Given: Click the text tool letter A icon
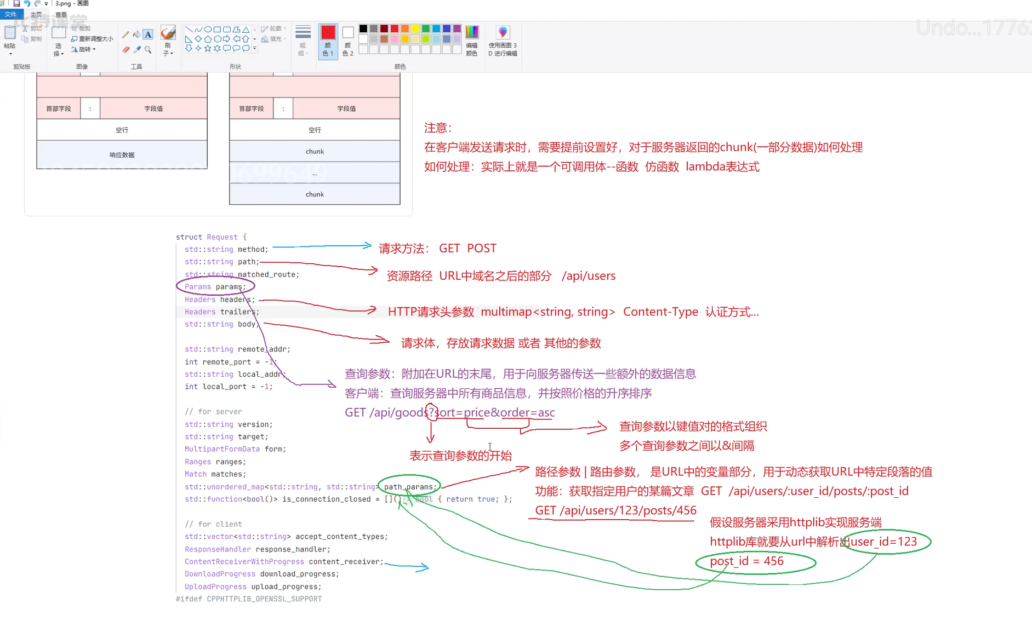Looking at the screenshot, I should (x=148, y=34).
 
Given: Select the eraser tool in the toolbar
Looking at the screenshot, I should (x=126, y=50).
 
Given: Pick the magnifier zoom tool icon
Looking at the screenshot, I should (x=148, y=50).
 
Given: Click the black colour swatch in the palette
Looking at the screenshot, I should (x=363, y=29).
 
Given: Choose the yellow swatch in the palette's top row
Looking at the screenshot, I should (x=415, y=29).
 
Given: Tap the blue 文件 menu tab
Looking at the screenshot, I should (x=10, y=14).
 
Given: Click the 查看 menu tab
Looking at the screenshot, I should (x=61, y=15).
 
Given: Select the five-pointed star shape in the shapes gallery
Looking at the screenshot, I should (x=208, y=48).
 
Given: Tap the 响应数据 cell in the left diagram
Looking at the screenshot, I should (x=122, y=155).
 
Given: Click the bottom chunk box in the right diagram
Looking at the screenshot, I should (x=315, y=194).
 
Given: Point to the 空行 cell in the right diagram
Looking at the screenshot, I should (x=315, y=130).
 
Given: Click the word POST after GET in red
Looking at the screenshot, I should (x=482, y=249).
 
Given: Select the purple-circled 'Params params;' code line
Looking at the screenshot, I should (x=215, y=287).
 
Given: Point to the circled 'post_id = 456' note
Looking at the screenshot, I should (x=746, y=561).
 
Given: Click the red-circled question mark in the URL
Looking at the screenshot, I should (x=431, y=412).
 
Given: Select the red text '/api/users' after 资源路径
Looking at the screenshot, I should (x=588, y=276).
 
